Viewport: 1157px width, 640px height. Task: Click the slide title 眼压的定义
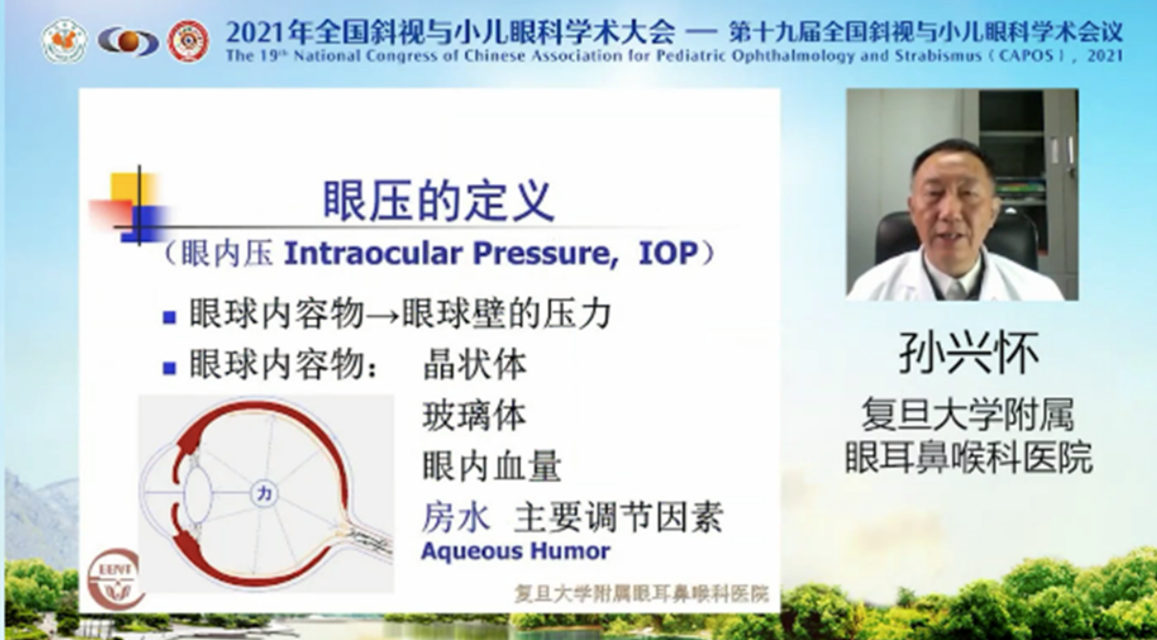click(439, 201)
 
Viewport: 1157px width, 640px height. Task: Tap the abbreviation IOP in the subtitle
click(668, 253)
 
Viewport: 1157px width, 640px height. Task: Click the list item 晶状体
click(475, 365)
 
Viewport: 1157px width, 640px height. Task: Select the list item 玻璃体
click(475, 416)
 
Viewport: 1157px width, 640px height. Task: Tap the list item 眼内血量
click(492, 466)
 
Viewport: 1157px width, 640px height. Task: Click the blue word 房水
click(456, 517)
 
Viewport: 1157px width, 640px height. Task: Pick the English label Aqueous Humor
click(516, 551)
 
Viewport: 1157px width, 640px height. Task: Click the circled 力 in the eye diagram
click(264, 494)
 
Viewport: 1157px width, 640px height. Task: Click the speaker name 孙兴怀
click(968, 353)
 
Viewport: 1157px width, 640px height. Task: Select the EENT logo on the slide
click(114, 578)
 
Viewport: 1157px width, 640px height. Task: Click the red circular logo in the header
click(188, 41)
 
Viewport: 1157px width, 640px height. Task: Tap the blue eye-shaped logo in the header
click(128, 42)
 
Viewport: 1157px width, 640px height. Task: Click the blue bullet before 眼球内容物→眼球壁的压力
click(170, 317)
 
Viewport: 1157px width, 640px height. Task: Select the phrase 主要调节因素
click(619, 517)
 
